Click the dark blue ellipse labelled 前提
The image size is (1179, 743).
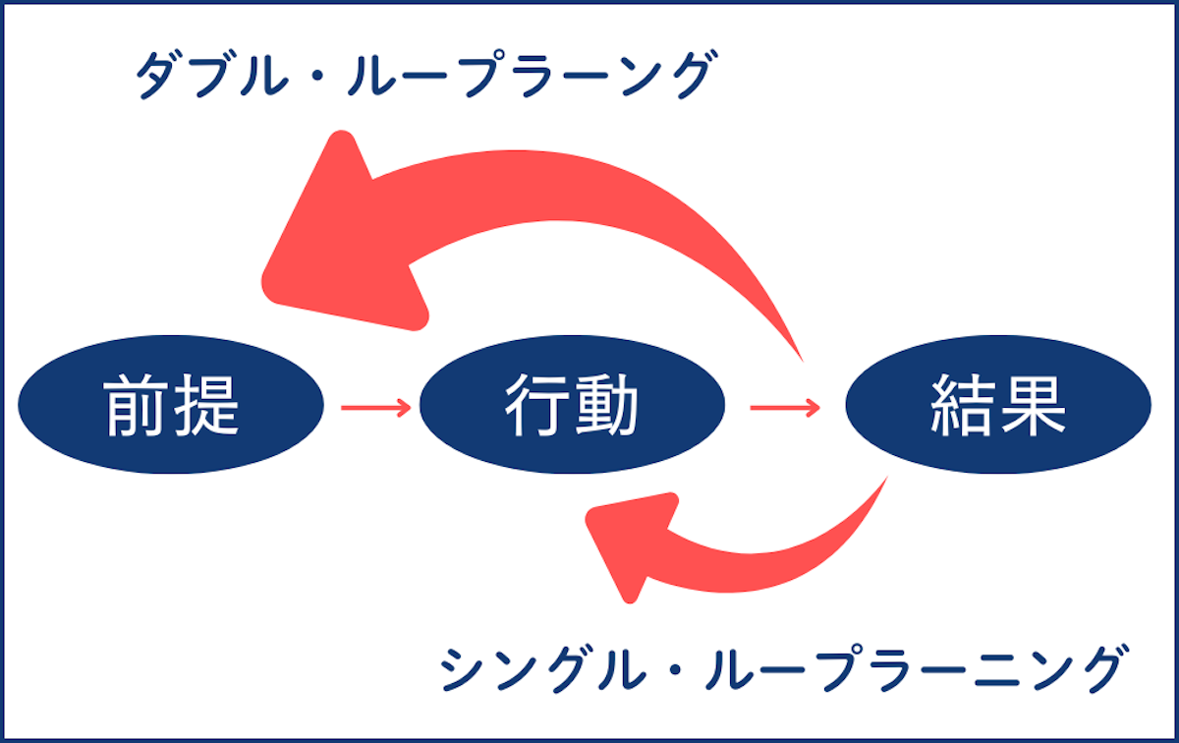171,406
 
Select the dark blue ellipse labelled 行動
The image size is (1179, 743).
572,406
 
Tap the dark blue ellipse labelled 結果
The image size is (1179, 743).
997,406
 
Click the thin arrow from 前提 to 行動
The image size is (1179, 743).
375,406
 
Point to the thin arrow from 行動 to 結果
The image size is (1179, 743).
785,406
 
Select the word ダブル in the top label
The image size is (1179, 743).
210,77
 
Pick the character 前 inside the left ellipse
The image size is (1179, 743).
137,406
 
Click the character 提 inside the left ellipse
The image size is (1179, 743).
205,406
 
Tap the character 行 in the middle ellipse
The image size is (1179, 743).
537,406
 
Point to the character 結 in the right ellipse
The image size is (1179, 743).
963,406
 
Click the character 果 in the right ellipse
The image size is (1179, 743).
1033,406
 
